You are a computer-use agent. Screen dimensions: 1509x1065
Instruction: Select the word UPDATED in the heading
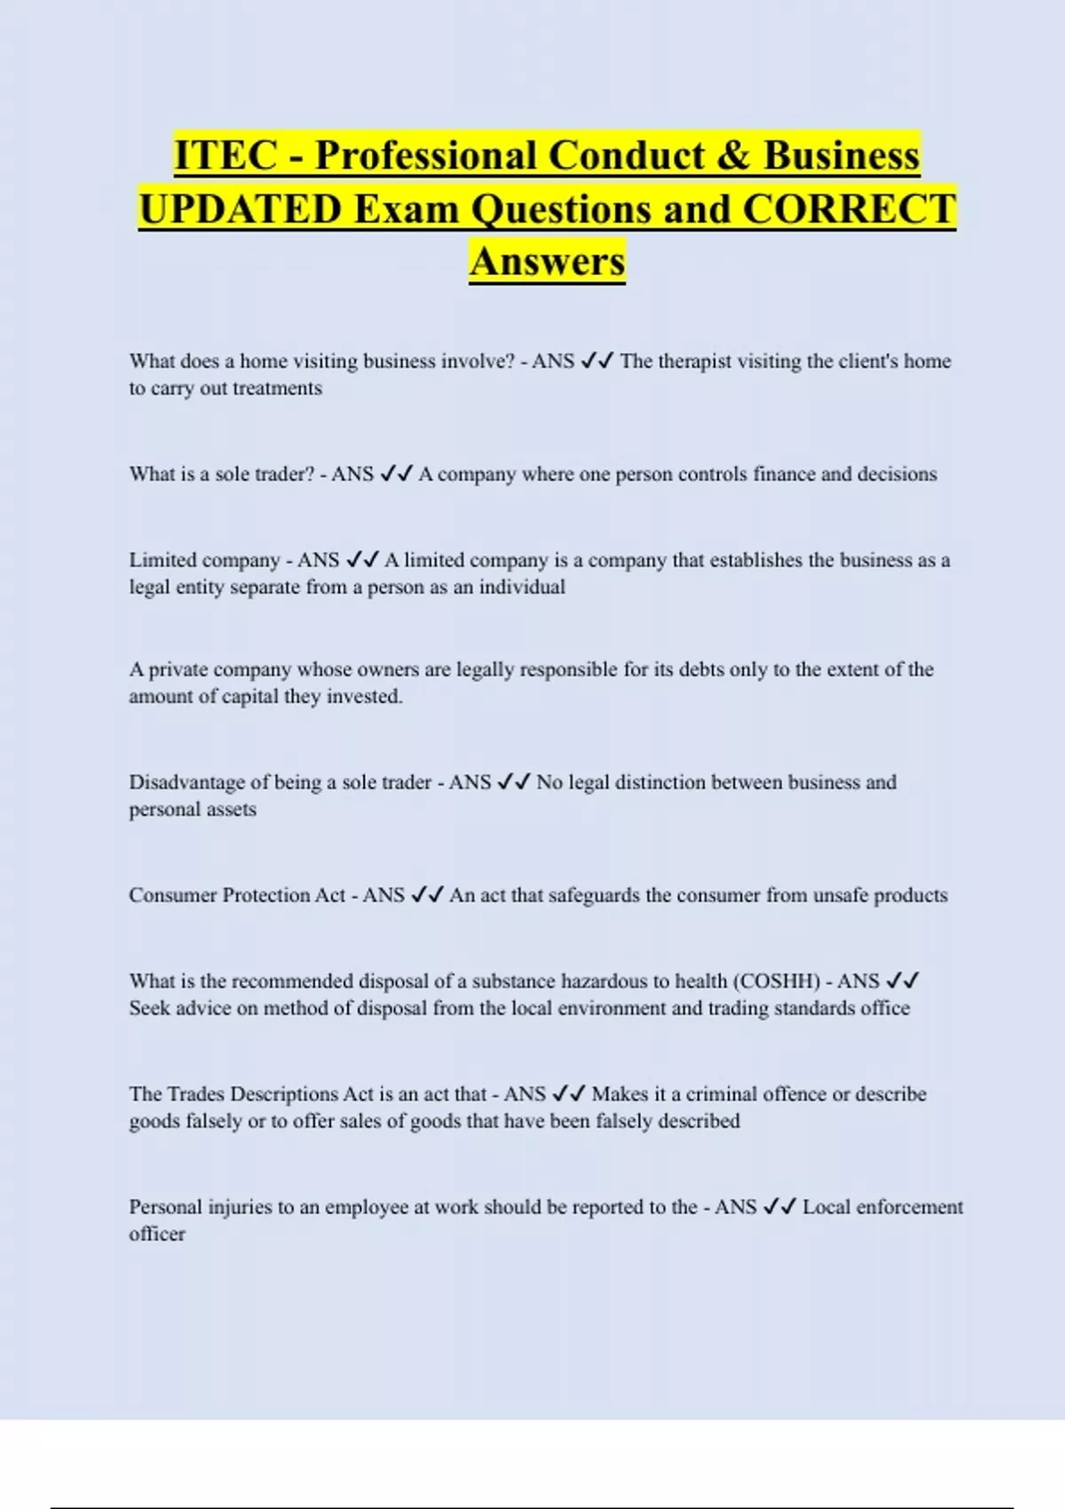coord(241,209)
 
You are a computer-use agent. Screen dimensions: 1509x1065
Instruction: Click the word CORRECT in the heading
coord(849,209)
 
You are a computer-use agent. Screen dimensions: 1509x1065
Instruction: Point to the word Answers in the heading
coord(548,261)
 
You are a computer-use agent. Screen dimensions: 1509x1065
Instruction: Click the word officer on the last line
coord(157,1234)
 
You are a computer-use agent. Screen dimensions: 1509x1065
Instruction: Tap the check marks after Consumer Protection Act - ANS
coord(427,895)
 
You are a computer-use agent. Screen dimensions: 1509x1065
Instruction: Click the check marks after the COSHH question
coord(903,981)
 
